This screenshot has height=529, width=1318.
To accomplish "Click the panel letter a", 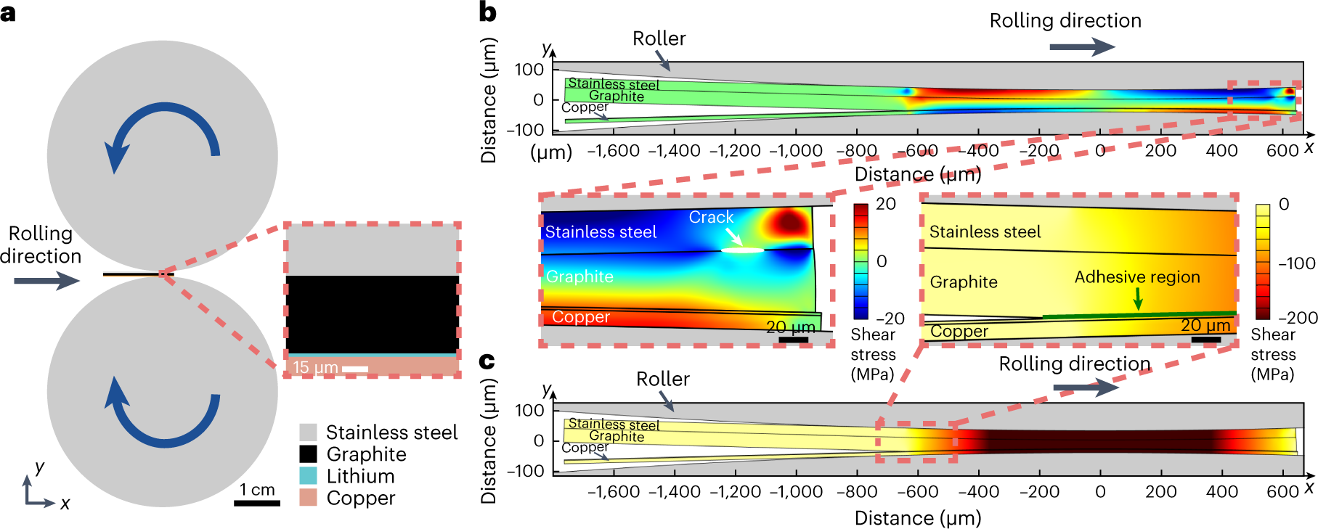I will click(x=9, y=13).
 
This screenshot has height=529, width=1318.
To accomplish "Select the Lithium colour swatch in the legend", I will click(x=308, y=476).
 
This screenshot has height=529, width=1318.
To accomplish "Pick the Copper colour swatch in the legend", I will click(x=308, y=498).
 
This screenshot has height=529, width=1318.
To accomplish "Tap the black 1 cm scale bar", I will click(x=256, y=503).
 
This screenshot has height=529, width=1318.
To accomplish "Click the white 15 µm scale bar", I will click(x=354, y=369).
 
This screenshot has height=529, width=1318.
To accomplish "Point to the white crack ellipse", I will click(x=742, y=250).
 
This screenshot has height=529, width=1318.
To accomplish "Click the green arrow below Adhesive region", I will click(x=1138, y=298).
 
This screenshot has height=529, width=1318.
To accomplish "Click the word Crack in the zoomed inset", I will click(x=711, y=217).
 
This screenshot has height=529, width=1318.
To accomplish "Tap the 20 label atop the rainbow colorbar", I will click(x=885, y=204).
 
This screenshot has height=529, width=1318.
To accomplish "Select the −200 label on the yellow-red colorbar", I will click(x=1297, y=318).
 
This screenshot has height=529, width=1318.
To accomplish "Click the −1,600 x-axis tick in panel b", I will click(x=613, y=150).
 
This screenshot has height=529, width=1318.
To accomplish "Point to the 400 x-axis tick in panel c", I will click(x=1221, y=491).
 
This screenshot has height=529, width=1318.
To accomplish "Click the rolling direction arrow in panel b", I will click(x=1082, y=47).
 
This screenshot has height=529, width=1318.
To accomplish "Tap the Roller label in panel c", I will click(x=662, y=379).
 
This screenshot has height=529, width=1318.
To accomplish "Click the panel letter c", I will click(x=487, y=361).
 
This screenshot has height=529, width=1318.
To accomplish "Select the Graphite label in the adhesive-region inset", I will click(x=963, y=282).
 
